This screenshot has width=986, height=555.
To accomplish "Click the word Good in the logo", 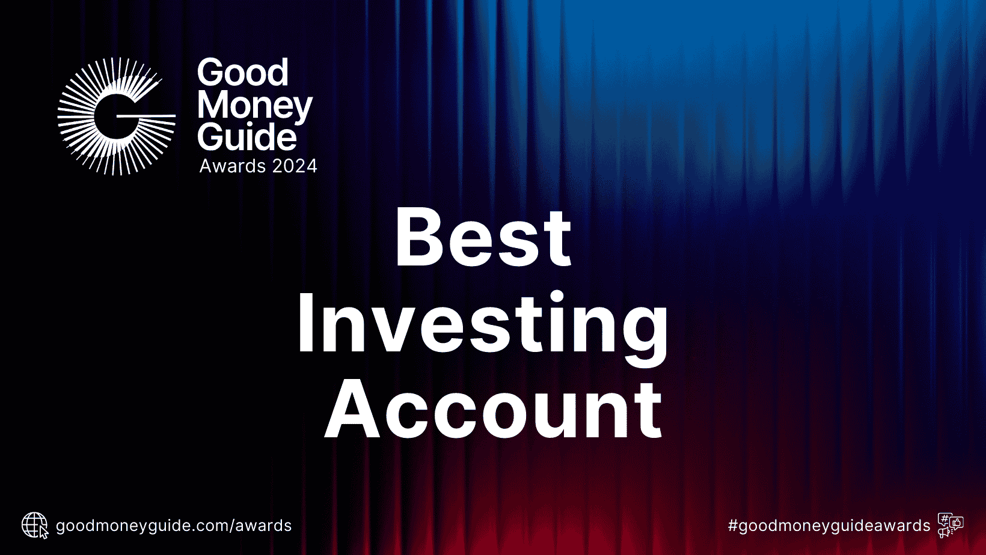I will [x=243, y=73].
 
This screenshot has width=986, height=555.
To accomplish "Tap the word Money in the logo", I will [x=254, y=106].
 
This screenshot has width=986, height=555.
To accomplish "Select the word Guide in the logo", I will [x=247, y=138].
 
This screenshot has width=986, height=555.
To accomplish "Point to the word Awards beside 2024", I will [x=233, y=166].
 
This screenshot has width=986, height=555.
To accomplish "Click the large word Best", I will [x=483, y=237].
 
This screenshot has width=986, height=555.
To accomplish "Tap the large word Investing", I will [x=483, y=324].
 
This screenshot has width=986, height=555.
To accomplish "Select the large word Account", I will [x=493, y=410].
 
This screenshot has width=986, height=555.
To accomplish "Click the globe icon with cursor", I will [x=35, y=526].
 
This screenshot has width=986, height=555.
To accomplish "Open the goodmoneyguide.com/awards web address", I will [x=174, y=526].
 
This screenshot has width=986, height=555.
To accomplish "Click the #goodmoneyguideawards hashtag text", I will [x=829, y=526].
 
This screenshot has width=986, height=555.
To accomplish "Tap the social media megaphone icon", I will [x=951, y=526].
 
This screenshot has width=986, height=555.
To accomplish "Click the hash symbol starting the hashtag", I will [x=733, y=526].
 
